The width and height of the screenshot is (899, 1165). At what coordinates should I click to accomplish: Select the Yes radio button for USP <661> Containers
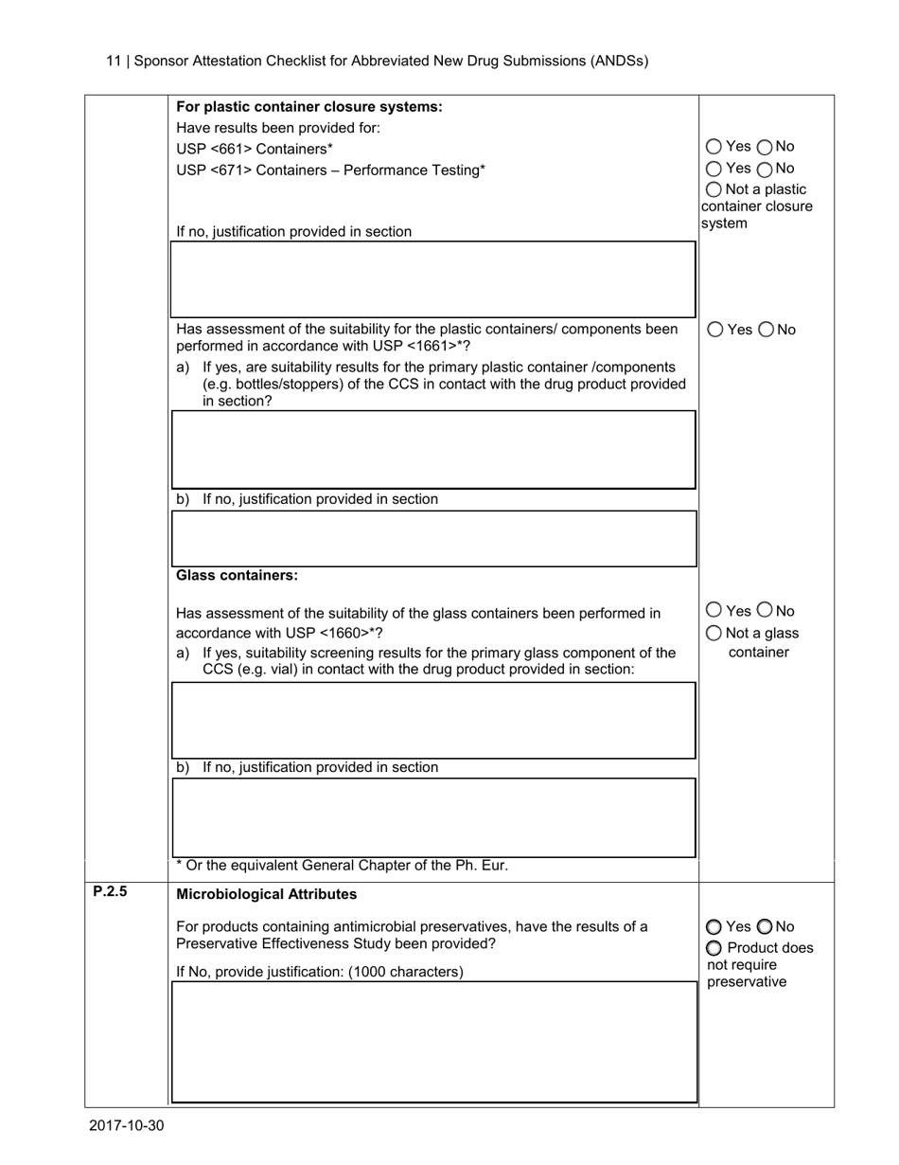coord(714,147)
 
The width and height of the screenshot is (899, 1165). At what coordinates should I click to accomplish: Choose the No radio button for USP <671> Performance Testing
coord(765,169)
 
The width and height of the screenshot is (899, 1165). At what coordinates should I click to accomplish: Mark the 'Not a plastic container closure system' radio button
coord(714,190)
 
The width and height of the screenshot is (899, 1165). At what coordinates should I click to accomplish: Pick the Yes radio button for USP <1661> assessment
coord(715,330)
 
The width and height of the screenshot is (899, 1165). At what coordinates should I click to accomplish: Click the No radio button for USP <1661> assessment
coord(766,330)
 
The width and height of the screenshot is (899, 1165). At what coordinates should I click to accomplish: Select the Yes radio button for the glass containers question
coord(714,610)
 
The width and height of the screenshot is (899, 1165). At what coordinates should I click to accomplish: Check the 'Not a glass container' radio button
coord(714,633)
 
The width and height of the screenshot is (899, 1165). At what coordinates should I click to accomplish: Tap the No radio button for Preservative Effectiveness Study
coord(765,926)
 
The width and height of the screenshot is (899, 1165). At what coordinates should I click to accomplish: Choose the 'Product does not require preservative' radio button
coord(714,948)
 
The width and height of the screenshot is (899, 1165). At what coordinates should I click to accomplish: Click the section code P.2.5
coord(110,891)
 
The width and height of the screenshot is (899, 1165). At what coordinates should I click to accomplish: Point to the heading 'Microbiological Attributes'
coord(267,894)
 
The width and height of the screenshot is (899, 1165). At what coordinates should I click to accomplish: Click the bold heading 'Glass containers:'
coord(237,576)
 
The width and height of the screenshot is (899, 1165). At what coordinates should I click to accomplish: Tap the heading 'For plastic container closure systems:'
coord(309,107)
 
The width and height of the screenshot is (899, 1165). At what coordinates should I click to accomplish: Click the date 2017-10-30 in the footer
coord(127,1125)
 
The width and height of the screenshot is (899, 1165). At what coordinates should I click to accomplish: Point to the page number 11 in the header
coord(113,61)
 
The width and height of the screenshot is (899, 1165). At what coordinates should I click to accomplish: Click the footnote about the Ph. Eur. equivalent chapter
coord(342,865)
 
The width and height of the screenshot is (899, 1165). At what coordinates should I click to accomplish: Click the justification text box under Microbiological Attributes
coord(433,1042)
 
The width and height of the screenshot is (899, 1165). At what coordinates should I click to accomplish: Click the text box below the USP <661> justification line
coord(433,278)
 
